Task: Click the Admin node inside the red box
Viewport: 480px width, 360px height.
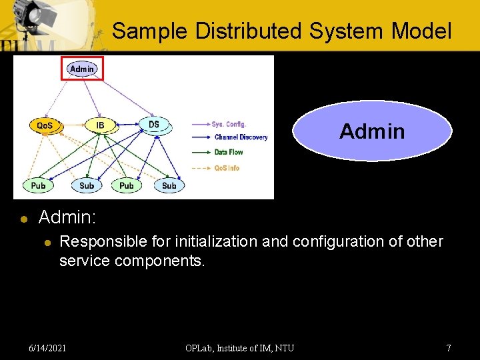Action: [x=82, y=69]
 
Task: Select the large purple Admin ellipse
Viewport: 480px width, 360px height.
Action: [x=372, y=131]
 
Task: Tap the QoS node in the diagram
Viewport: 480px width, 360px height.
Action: [x=45, y=125]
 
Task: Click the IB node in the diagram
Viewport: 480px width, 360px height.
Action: [x=100, y=125]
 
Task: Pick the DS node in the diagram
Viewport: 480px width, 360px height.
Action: [x=154, y=125]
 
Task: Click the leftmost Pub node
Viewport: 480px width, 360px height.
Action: [x=39, y=185]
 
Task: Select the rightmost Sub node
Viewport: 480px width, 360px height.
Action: [x=169, y=185]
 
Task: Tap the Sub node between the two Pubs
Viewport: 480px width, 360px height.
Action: [x=87, y=185]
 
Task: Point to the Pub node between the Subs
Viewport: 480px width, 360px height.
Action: [x=127, y=185]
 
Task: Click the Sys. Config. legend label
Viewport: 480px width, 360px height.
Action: [x=229, y=124]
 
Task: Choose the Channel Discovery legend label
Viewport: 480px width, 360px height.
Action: [x=241, y=137]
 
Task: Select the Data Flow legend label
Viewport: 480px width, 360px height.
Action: [x=229, y=152]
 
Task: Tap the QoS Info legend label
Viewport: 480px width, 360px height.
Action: [x=227, y=168]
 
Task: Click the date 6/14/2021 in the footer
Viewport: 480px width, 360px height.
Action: [x=47, y=348]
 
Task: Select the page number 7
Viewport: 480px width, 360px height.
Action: [x=449, y=348]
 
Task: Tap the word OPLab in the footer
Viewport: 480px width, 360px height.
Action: [x=200, y=348]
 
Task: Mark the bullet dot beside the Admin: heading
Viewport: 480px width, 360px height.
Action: [x=23, y=219]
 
